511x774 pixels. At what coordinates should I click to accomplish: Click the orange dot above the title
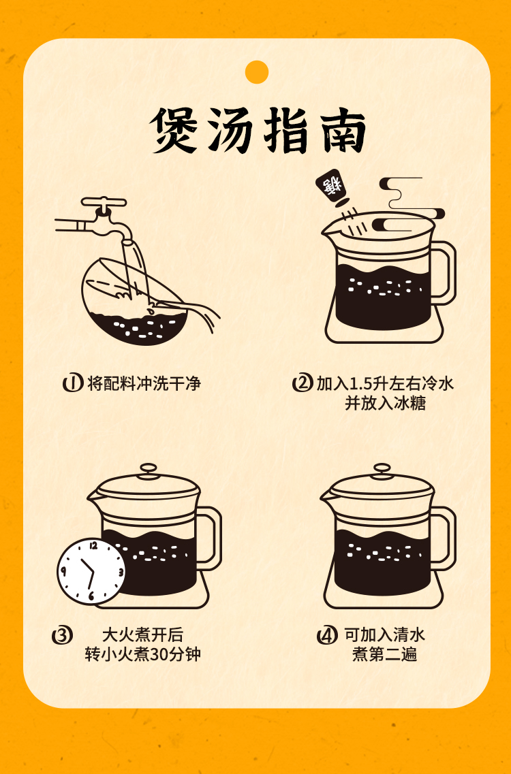(x=256, y=72)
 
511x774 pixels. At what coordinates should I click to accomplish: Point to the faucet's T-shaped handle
(x=104, y=202)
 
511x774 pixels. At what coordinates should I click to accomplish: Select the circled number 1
(x=72, y=383)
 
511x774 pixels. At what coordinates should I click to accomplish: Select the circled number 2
(x=302, y=383)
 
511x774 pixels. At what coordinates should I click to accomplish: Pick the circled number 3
(x=62, y=635)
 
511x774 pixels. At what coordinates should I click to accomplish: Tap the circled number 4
(x=326, y=635)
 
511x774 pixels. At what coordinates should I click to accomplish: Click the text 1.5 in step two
(x=360, y=383)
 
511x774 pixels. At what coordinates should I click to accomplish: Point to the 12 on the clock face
(x=93, y=546)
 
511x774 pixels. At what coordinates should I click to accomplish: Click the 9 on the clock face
(x=63, y=572)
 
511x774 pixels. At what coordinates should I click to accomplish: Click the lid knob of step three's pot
(x=149, y=468)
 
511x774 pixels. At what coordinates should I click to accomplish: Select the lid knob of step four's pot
(x=382, y=468)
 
